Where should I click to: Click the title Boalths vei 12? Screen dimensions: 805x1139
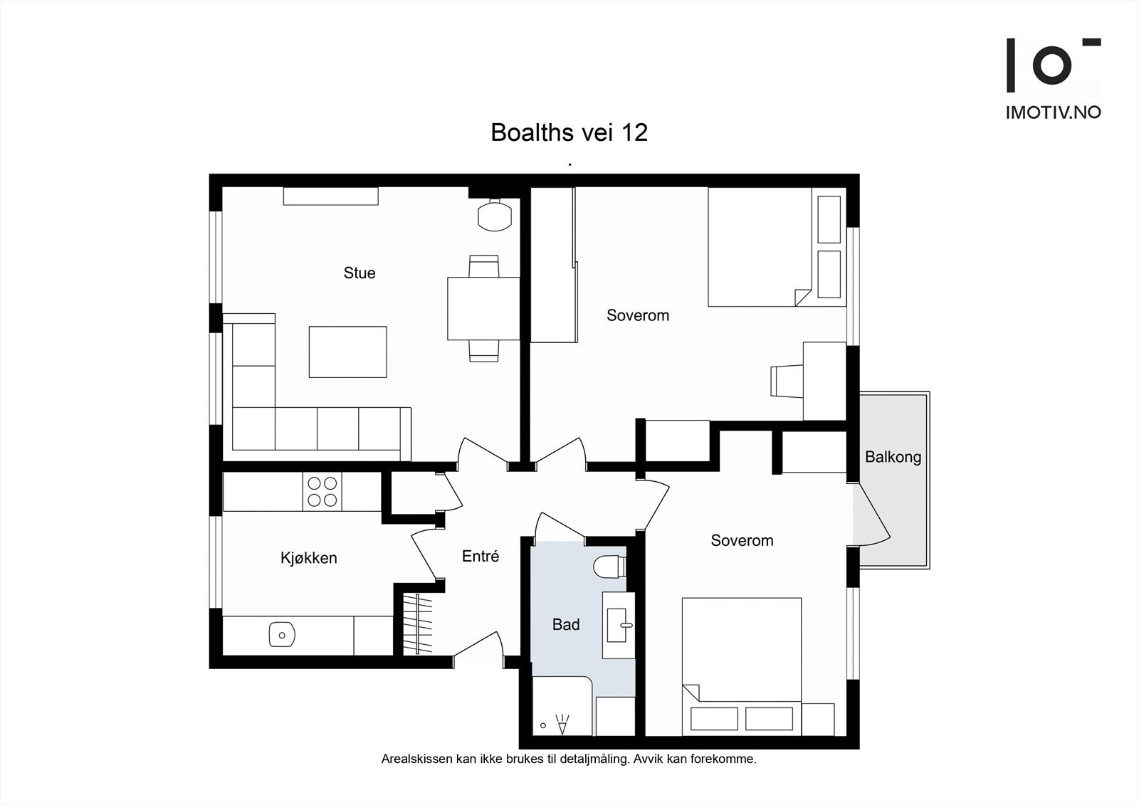coord(569,132)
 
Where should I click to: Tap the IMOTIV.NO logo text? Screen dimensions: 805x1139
coord(1053,112)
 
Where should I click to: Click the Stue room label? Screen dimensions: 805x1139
coord(359,273)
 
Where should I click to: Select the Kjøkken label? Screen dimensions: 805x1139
coord(308,558)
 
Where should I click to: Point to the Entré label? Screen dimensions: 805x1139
coord(481,557)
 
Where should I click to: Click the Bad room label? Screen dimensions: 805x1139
coord(566,625)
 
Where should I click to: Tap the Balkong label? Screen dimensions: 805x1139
coord(893,457)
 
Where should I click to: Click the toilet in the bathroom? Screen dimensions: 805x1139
coord(609,567)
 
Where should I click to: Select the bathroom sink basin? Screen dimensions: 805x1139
coord(617,625)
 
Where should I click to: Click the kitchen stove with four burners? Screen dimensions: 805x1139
coord(322,491)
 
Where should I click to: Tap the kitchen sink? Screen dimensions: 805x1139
coord(282,634)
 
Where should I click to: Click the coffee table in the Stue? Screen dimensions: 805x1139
coord(347,352)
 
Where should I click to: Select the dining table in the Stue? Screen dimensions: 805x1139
coord(483,308)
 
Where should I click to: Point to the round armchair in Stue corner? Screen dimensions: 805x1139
coord(494,215)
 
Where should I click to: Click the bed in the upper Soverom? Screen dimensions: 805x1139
coord(760,246)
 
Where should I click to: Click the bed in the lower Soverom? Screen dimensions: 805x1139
coord(742,665)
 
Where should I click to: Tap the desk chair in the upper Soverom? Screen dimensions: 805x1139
coord(785,381)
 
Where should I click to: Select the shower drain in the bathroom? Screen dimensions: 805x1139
coord(543,725)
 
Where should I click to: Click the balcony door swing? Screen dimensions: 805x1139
coord(872,516)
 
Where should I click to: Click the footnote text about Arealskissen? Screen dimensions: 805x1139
coord(569,759)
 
